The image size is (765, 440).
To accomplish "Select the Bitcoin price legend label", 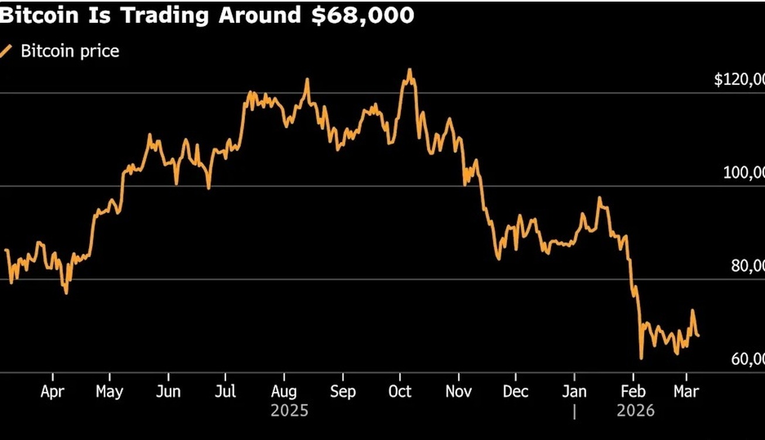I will [70, 51].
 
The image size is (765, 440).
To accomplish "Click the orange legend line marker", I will [7, 51].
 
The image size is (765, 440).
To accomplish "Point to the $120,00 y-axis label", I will [739, 79].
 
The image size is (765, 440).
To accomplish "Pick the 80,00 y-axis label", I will [747, 265].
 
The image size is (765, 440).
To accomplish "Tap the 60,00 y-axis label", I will [747, 359].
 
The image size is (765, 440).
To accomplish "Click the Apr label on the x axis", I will [53, 391].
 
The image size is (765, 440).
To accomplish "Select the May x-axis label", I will [110, 391].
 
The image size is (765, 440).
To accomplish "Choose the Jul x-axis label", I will [225, 391].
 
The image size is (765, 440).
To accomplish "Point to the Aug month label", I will [284, 391].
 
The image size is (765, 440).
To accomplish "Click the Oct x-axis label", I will [400, 391].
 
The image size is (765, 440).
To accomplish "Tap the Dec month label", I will [516, 391].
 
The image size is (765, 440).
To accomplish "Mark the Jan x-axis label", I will [574, 391].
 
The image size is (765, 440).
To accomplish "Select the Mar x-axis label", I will [685, 391].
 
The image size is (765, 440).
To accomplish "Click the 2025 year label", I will [289, 411].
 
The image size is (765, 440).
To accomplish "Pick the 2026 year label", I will [636, 411].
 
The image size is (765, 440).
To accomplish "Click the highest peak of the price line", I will [409, 70].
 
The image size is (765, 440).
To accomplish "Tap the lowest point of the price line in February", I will [641, 358].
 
